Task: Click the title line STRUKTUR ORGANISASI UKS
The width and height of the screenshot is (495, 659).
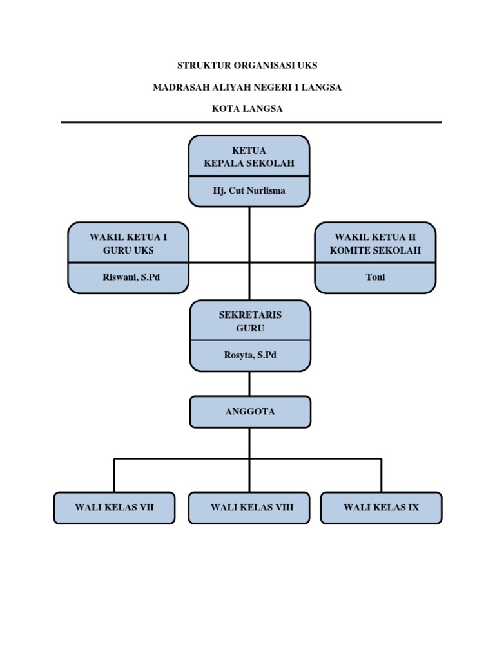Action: point(247,66)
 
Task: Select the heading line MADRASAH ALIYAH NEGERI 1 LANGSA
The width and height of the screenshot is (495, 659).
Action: point(247,88)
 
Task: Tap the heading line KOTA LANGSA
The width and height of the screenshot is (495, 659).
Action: point(247,109)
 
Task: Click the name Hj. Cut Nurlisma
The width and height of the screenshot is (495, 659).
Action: point(249,190)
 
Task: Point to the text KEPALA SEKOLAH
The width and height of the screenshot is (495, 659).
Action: point(249,163)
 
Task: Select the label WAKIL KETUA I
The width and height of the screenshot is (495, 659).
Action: point(128,237)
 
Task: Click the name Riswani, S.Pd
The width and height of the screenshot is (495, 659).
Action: point(128,277)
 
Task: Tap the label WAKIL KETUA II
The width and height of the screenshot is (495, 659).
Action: point(375,237)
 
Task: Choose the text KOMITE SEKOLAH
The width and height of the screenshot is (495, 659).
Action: point(375,250)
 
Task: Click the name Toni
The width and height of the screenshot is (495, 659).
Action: point(375,277)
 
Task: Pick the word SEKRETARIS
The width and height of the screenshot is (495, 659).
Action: point(250,315)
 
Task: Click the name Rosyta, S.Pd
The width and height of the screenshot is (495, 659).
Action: point(250,355)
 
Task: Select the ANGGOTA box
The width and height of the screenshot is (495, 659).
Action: point(250,412)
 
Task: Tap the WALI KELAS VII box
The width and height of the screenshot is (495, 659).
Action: point(114,508)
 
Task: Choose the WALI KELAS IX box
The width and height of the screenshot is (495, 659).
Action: point(381,508)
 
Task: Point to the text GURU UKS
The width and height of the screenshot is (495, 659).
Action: point(128,250)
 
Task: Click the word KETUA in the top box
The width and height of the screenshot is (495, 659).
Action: point(249,151)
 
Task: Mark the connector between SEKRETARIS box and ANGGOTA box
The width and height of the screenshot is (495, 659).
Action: point(250,384)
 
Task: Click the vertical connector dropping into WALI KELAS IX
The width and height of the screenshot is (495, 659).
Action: point(381,476)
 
